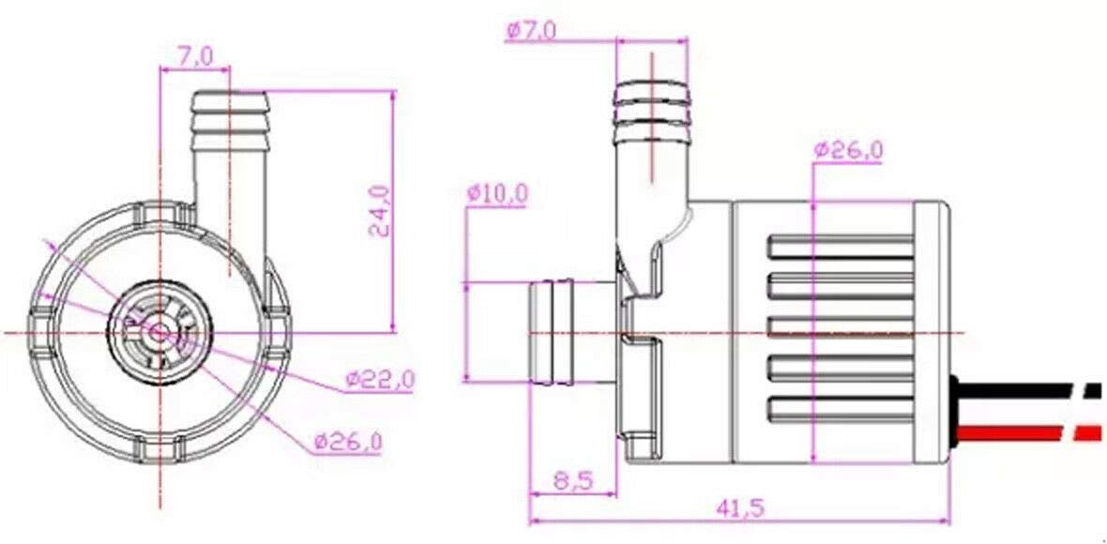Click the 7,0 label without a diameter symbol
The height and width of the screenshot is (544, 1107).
(x=195, y=56)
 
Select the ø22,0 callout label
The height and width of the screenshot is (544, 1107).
(x=380, y=381)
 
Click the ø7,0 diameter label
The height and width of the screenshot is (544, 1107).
(x=532, y=30)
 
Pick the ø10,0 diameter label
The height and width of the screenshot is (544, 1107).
(x=497, y=193)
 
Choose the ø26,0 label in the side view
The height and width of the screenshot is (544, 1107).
(x=848, y=150)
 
